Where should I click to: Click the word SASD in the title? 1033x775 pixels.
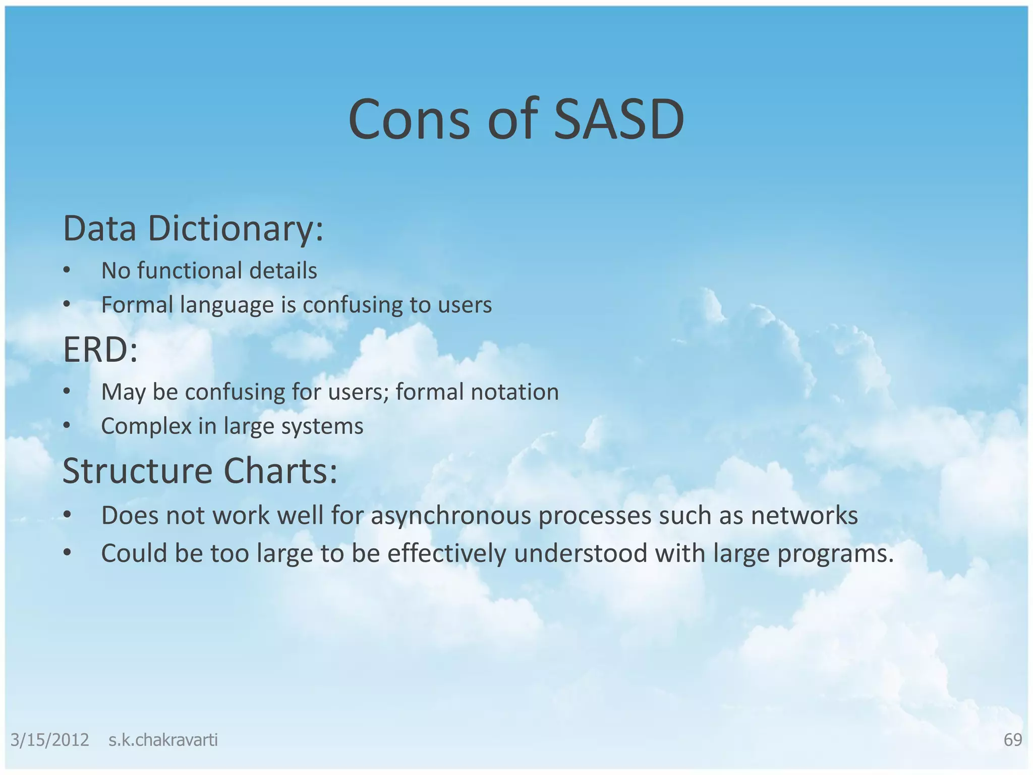(619, 120)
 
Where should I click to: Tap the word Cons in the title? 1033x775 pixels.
(409, 120)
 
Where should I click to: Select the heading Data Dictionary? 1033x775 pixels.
(193, 229)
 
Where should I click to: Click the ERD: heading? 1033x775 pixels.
(100, 350)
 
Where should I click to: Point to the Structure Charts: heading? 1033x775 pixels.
(200, 471)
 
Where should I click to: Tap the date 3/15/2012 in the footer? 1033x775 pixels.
(49, 740)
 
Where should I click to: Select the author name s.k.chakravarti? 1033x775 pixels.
(163, 740)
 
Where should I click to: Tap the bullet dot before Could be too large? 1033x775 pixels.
(67, 553)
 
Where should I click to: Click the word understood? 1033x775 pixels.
(580, 553)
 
